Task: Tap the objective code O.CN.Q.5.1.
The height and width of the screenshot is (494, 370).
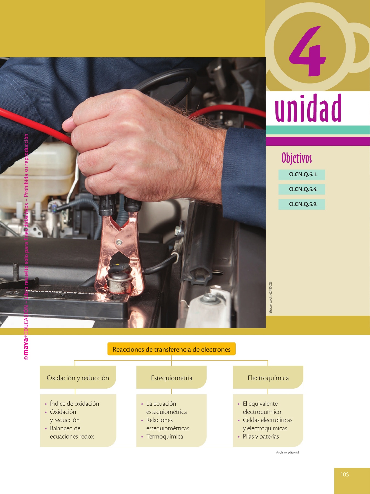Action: click(303, 174)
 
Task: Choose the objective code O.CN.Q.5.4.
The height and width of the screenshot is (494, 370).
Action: click(303, 189)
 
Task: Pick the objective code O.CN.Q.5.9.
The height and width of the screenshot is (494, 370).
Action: click(303, 204)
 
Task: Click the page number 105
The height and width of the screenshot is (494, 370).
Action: click(345, 474)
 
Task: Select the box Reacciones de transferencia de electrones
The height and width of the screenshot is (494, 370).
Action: click(172, 349)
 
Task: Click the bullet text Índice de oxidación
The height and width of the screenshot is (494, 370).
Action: click(75, 403)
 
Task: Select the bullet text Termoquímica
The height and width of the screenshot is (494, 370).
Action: click(165, 436)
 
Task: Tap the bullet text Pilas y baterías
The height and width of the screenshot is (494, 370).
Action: click(261, 436)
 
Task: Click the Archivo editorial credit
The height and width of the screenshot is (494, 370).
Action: click(288, 452)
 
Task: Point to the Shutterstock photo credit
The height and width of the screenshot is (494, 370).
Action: click(271, 297)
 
